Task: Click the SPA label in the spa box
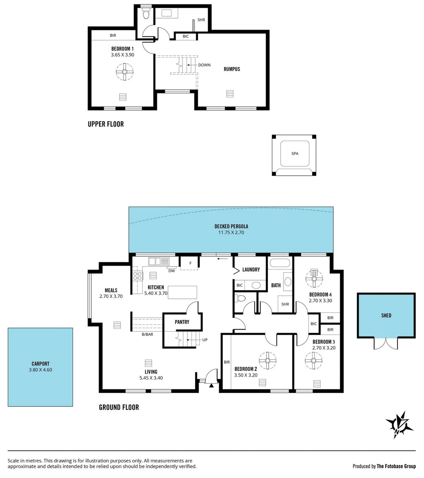pyautogui.click(x=294, y=154)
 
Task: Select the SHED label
pyautogui.click(x=386, y=316)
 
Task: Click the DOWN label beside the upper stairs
pyautogui.click(x=204, y=65)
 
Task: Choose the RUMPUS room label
pyautogui.click(x=232, y=69)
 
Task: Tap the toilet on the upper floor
pyautogui.click(x=146, y=14)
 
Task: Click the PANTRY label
pyautogui.click(x=182, y=322)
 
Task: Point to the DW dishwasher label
pyautogui.click(x=171, y=271)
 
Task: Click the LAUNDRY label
pyautogui.click(x=251, y=270)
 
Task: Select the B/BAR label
pyautogui.click(x=148, y=335)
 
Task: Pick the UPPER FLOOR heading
pyautogui.click(x=106, y=124)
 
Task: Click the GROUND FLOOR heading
pyautogui.click(x=118, y=407)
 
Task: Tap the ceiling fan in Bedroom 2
pyautogui.click(x=267, y=360)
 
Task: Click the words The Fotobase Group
pyautogui.click(x=397, y=466)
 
